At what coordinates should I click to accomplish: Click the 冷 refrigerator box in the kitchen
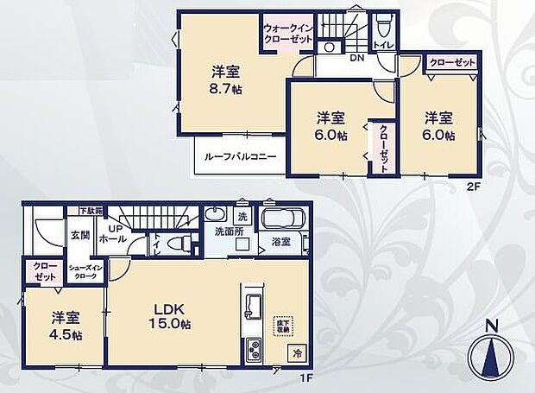click(x=295, y=352)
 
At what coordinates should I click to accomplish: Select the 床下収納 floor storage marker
click(x=283, y=326)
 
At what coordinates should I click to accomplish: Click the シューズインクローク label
click(x=86, y=271)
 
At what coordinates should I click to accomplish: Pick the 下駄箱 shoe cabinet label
click(x=89, y=210)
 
